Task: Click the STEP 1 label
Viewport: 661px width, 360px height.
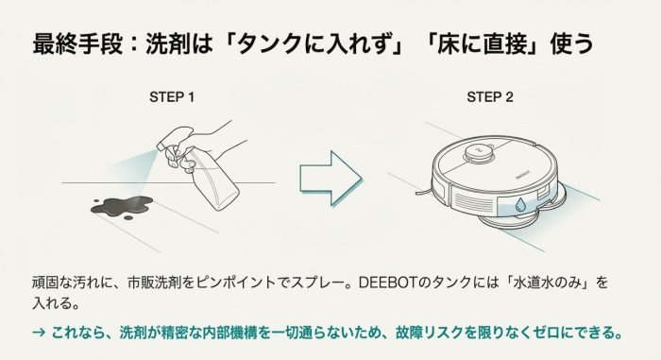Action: tap(172, 97)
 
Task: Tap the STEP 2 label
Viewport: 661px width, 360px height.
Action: tap(490, 97)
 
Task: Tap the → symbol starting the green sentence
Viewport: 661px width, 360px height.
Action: tap(39, 333)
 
